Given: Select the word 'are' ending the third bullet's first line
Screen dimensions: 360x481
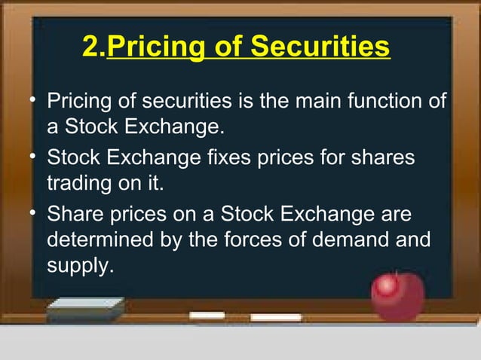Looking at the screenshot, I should (397, 215).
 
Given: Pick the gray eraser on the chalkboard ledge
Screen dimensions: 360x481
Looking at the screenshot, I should (84, 309).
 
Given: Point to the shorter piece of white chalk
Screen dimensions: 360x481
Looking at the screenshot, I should (207, 314).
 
